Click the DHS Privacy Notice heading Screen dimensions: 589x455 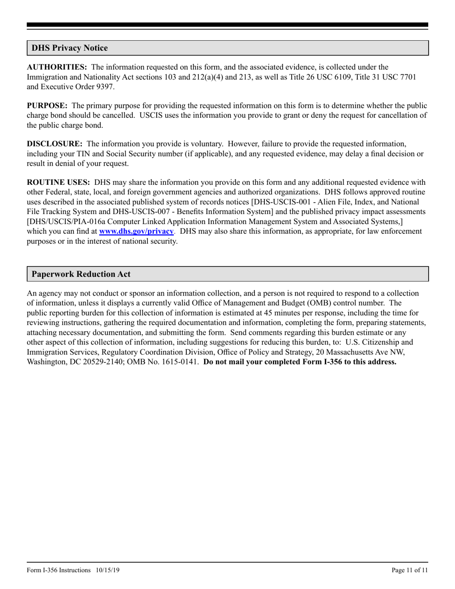[69, 48]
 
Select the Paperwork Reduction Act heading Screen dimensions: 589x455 [81, 274]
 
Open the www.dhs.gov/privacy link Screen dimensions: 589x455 [136, 231]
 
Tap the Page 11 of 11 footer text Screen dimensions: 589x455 [409, 570]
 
